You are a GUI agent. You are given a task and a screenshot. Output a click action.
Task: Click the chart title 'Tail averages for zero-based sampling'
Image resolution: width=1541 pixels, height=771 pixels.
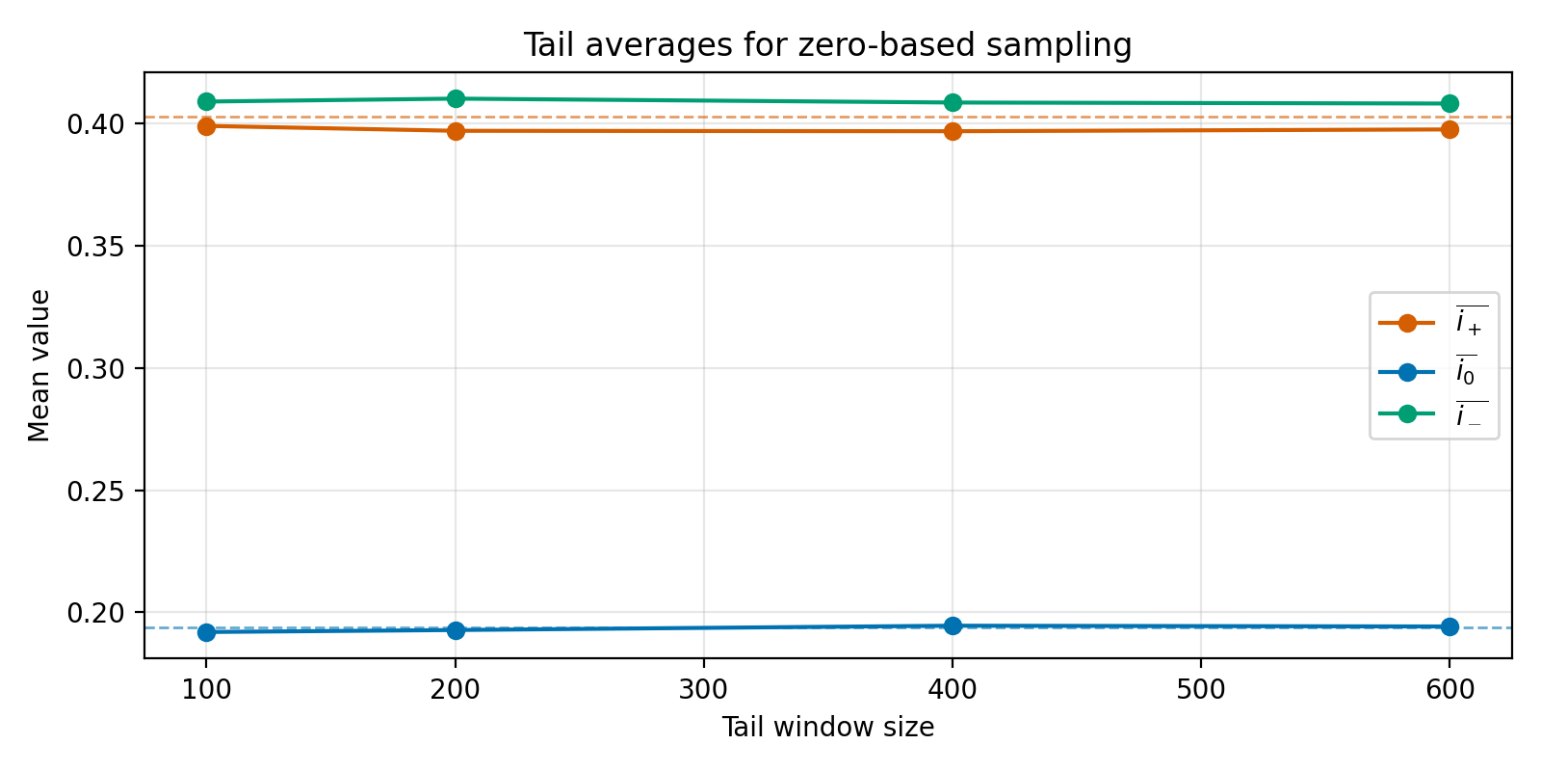(827, 45)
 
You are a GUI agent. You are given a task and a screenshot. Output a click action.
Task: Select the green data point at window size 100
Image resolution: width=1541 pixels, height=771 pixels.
(206, 101)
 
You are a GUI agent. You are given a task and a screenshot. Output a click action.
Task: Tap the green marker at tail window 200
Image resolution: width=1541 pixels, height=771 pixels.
(456, 98)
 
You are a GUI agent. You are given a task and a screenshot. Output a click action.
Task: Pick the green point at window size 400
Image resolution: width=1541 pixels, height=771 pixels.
(953, 102)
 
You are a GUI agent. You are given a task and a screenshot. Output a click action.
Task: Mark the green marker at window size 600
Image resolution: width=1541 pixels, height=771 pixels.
(1450, 103)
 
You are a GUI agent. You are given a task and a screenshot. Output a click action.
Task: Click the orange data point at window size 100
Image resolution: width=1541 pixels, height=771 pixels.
(206, 125)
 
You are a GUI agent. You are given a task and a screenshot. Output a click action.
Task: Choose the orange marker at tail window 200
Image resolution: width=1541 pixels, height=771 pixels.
(456, 130)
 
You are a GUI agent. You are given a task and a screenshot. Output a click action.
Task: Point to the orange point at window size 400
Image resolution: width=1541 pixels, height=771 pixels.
(953, 131)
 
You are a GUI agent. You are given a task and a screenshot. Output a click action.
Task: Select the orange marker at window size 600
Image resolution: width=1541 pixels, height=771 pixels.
(1450, 129)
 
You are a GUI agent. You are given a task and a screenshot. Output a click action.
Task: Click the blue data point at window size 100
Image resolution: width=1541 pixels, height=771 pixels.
(206, 632)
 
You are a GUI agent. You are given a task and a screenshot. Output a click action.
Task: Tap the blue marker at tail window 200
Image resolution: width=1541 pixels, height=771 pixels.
(456, 630)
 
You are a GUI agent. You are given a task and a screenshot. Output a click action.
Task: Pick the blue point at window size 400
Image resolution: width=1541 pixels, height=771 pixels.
(953, 625)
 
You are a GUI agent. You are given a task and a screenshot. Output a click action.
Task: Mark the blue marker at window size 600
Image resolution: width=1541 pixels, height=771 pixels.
(1450, 626)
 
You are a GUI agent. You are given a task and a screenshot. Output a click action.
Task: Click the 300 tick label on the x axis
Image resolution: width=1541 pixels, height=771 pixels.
(703, 690)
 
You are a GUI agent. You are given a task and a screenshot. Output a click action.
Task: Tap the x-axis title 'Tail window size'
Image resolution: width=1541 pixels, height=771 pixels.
(827, 728)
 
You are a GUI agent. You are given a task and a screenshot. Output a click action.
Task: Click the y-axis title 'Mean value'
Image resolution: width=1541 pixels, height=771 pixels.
(39, 365)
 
